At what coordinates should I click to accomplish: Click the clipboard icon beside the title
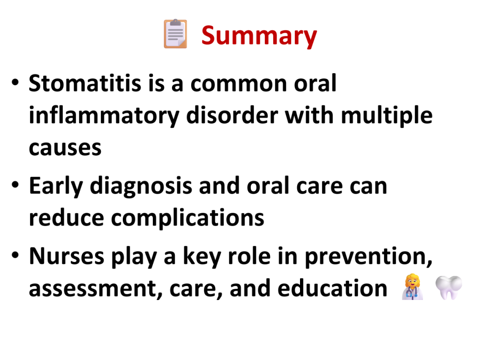click(175, 34)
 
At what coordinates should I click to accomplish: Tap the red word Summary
click(259, 36)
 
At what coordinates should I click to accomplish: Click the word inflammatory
click(104, 116)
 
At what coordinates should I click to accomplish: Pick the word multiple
click(387, 116)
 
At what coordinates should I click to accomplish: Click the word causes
click(65, 148)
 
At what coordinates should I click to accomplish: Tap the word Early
click(56, 186)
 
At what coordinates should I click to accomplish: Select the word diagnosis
click(141, 187)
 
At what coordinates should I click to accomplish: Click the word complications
click(187, 218)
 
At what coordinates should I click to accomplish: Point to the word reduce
click(67, 217)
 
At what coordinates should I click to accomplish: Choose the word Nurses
click(67, 256)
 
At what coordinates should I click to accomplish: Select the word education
click(332, 288)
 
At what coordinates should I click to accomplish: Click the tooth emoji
click(449, 287)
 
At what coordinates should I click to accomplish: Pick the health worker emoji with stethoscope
click(412, 287)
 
